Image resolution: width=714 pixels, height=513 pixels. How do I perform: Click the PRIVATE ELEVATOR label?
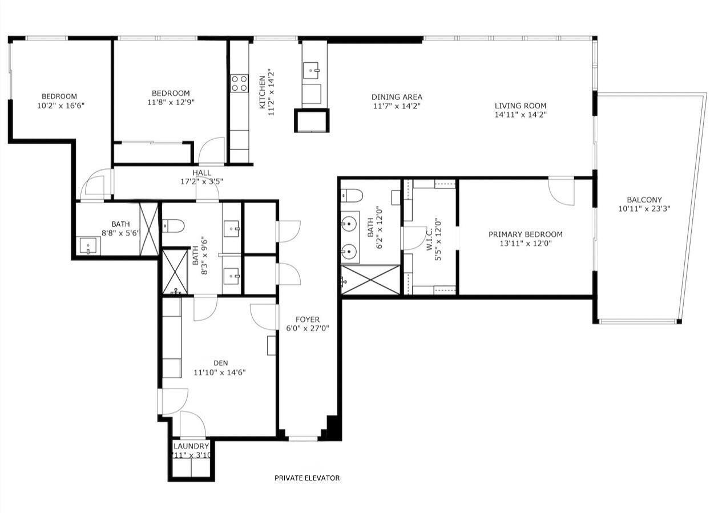tap(306, 478)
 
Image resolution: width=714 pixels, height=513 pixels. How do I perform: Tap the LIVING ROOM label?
tap(520, 106)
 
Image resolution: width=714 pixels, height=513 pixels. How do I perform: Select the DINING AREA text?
tap(397, 97)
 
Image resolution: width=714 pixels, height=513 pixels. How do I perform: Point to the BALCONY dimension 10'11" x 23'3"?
tap(644, 209)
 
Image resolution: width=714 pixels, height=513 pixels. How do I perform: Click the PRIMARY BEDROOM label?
tap(525, 235)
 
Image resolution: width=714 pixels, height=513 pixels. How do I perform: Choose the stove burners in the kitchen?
tap(239, 83)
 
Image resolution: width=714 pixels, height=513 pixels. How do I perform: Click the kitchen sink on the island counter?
tap(312, 71)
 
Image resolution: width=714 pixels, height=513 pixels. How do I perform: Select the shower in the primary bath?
tap(370, 280)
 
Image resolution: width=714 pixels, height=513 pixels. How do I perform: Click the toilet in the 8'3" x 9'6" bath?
tap(173, 227)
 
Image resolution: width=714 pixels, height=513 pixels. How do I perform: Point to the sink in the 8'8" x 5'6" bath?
tap(88, 247)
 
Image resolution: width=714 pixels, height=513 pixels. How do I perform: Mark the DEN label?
tap(221, 363)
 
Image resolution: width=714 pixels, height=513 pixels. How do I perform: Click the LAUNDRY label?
tap(191, 446)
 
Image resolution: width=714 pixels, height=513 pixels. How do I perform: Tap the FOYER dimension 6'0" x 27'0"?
tap(307, 328)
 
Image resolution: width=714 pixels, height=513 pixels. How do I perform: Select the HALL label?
tap(201, 173)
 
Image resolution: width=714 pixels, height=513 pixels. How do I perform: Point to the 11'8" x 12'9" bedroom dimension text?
tap(170, 103)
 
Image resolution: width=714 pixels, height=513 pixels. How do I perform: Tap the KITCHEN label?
tap(262, 92)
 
